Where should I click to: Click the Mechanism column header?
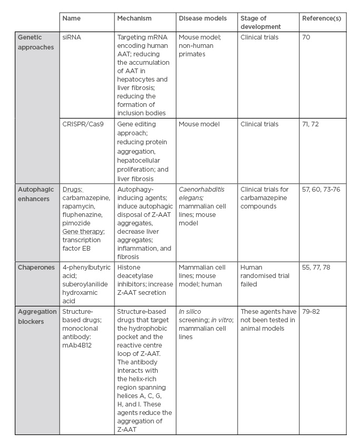coord(134,18)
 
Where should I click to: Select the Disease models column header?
coord(203,18)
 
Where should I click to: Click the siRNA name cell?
coord(71,38)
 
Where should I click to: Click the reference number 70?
coord(306,38)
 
